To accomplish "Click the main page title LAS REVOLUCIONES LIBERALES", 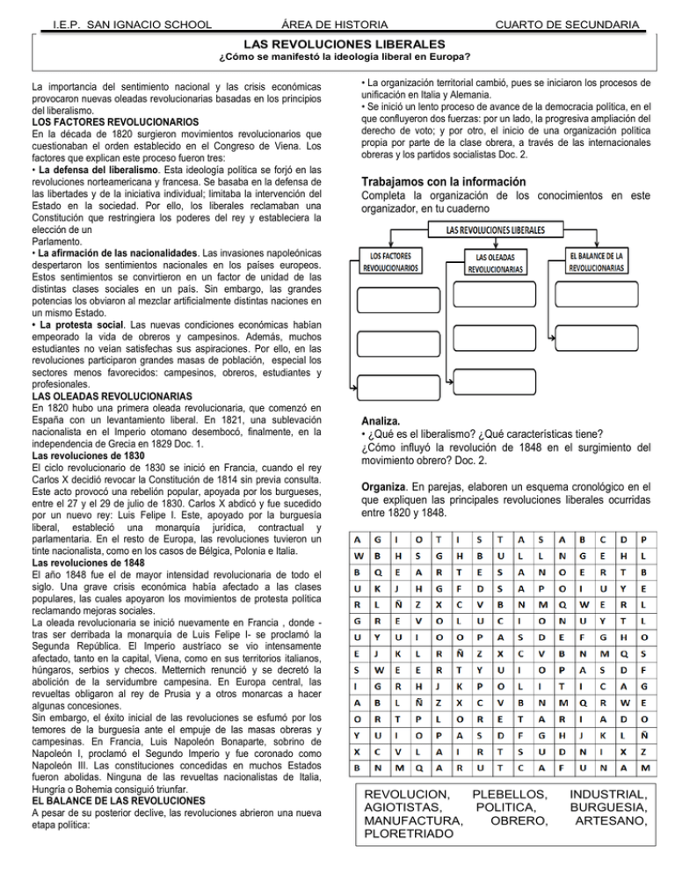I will coord(337,43).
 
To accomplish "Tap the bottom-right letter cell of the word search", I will coord(646,768).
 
